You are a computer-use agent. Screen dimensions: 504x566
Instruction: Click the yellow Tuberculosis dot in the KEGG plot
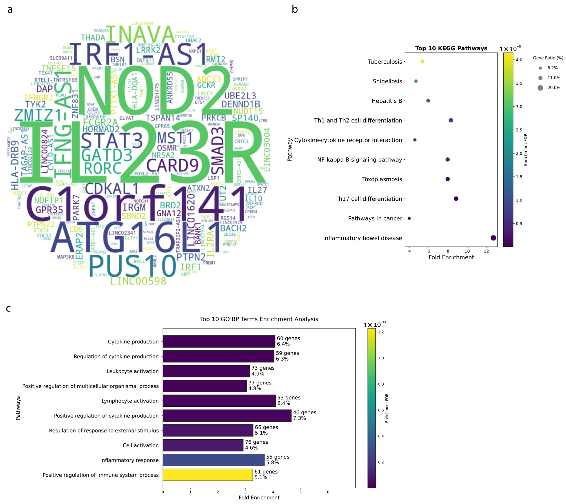[x=422, y=62]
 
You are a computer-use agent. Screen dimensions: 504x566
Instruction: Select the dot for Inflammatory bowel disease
[x=493, y=238]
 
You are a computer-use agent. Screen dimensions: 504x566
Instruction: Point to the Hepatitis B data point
[x=428, y=101]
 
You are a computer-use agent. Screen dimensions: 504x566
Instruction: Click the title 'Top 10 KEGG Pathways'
[x=451, y=48]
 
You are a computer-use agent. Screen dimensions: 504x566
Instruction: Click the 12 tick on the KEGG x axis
[x=486, y=251]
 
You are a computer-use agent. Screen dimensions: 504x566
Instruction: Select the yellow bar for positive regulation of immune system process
[x=208, y=475]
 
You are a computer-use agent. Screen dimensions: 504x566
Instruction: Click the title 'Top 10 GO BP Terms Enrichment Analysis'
[x=259, y=319]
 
